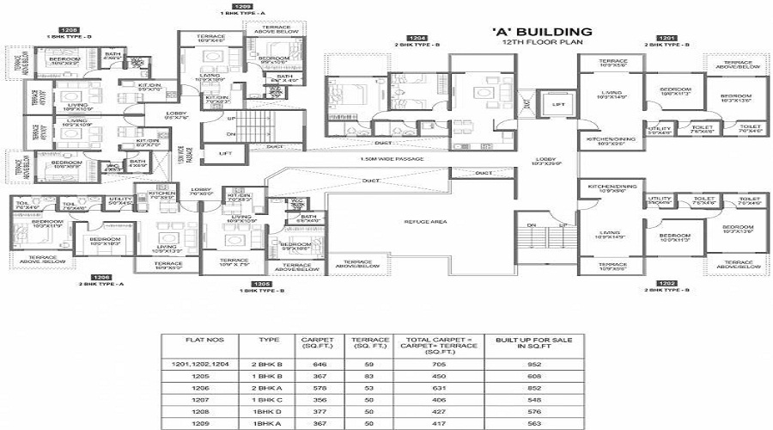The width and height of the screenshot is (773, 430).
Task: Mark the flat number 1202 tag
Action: (x=666, y=282)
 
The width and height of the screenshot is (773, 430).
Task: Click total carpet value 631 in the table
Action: (x=438, y=387)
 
